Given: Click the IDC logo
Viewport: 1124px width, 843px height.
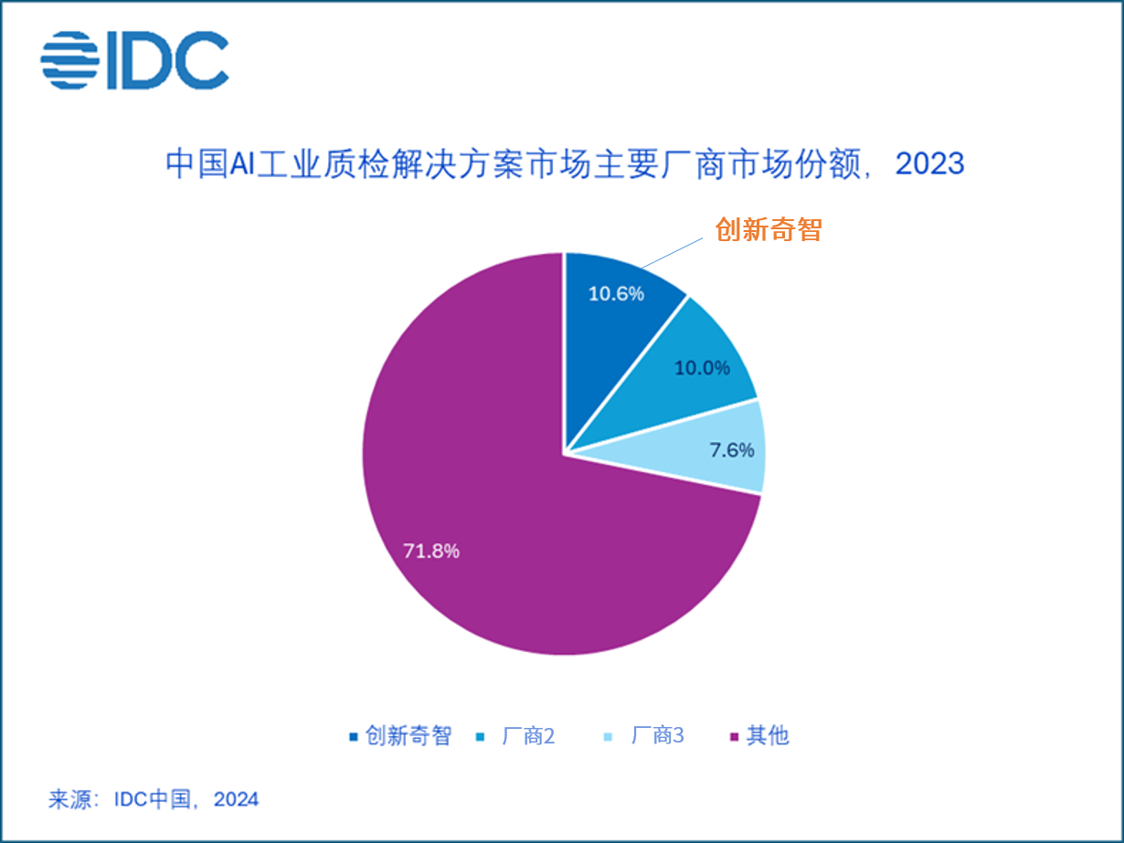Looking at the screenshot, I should tap(134, 60).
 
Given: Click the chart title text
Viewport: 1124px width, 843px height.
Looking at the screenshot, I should tap(564, 163).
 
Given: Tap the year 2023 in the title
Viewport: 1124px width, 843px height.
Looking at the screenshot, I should tap(929, 163).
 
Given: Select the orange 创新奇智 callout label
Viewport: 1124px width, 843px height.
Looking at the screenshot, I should tap(769, 230).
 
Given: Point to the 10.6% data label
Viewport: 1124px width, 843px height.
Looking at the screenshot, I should tap(616, 293).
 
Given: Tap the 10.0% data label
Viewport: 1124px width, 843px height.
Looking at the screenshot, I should tap(702, 368).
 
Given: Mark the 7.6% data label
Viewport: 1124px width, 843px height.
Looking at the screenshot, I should tap(732, 450).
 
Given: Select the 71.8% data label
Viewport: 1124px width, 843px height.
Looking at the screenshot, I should tap(431, 552).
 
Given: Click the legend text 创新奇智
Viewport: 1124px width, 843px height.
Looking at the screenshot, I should tap(408, 735).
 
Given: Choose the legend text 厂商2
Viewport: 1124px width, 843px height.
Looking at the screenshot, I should tap(528, 735).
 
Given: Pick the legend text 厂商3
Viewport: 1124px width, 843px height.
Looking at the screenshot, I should tap(657, 735).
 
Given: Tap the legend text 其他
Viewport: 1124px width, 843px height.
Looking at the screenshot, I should tap(768, 735).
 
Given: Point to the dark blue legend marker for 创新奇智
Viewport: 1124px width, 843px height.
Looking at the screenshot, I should tap(353, 736).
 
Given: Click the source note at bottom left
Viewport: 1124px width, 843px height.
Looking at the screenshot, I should tap(154, 800).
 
